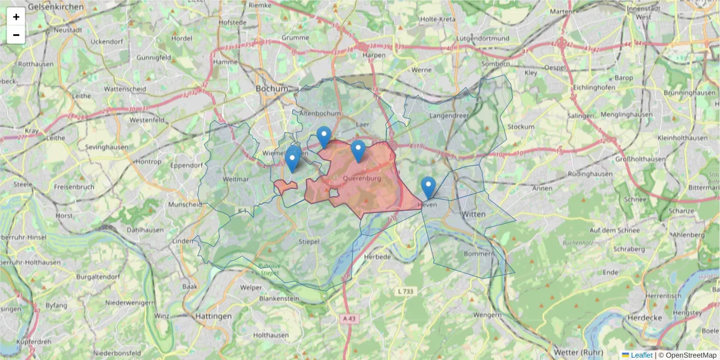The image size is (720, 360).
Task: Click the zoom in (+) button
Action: [16, 17]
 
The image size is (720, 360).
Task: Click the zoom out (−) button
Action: [16, 35]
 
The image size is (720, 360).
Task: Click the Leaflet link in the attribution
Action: [641, 355]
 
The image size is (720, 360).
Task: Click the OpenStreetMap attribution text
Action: [687, 355]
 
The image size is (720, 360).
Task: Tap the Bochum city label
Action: [272, 88]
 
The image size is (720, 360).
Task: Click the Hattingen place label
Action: [213, 316]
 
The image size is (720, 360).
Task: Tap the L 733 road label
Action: [406, 291]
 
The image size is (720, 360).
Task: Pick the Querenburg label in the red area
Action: [362, 178]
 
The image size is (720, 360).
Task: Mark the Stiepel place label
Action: [308, 242]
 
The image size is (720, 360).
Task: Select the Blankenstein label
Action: [279, 298]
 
